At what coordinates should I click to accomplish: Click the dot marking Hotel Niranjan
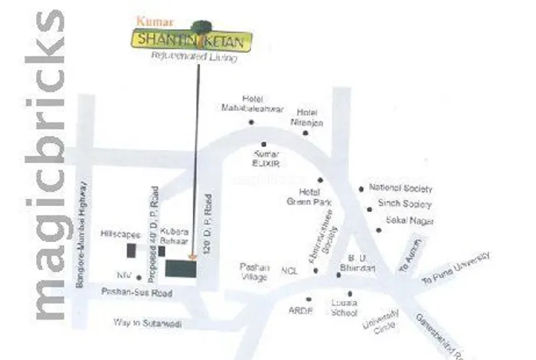click(305, 133)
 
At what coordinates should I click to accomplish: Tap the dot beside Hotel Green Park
click(321, 180)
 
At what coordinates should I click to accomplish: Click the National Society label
click(400, 188)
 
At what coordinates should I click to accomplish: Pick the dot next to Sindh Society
click(371, 205)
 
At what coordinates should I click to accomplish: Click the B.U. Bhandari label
click(361, 264)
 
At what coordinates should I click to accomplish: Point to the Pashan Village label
click(254, 272)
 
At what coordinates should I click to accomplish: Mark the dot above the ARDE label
click(309, 299)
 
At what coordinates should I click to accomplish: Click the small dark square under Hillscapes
click(131, 250)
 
